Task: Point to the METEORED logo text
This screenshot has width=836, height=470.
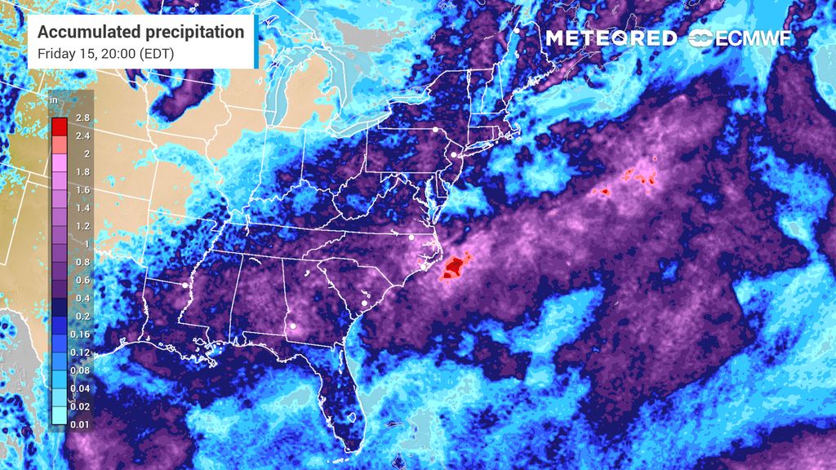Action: coord(611,38)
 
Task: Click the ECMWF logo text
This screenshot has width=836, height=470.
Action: coord(753,38)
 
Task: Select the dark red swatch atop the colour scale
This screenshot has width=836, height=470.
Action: coord(59,126)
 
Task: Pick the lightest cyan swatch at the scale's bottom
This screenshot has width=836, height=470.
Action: coord(59,416)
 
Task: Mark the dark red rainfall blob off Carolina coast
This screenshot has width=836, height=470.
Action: coord(455,266)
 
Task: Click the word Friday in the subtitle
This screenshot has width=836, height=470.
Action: coord(53,54)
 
